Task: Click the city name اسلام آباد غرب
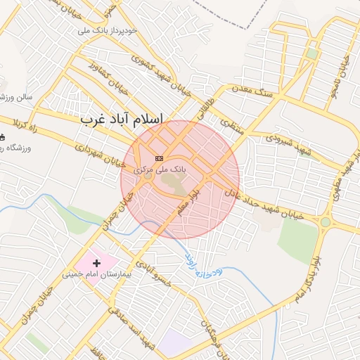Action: click(122, 120)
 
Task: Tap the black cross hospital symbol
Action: click(96, 263)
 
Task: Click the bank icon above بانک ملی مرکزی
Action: click(160, 158)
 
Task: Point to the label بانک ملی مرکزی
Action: click(160, 169)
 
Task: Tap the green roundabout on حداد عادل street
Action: click(326, 222)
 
